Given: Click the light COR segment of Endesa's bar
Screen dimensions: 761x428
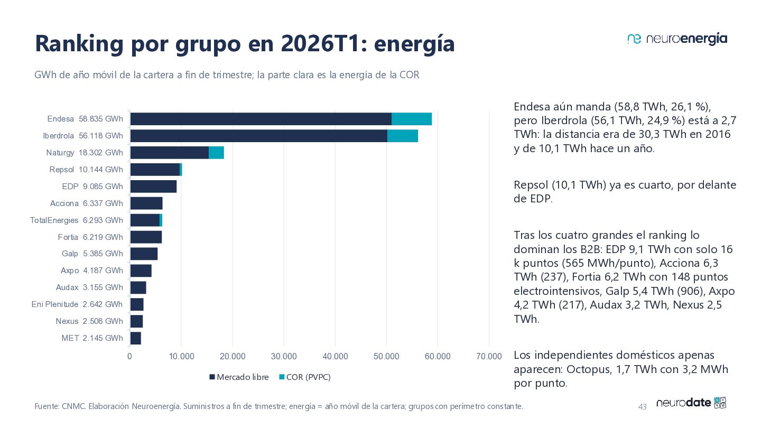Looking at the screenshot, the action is [x=411, y=119].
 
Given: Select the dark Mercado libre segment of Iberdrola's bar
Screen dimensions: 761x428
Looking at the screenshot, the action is [x=259, y=136].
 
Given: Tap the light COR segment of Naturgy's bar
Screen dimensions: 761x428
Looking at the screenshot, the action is [x=216, y=153].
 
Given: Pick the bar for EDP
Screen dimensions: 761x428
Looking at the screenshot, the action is [x=154, y=187].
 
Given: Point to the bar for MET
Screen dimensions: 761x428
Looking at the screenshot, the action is [x=135, y=338].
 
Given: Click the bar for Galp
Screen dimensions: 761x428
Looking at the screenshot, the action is [x=144, y=254].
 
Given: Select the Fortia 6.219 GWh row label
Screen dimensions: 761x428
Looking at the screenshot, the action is [x=90, y=237].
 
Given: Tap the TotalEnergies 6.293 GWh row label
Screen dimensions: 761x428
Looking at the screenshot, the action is [x=77, y=220].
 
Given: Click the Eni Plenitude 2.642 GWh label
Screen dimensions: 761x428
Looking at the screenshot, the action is [x=77, y=304].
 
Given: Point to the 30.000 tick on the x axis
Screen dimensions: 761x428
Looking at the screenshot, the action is [x=284, y=356].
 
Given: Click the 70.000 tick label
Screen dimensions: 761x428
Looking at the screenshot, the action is [x=489, y=356].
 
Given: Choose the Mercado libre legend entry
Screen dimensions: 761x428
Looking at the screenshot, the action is [x=239, y=377].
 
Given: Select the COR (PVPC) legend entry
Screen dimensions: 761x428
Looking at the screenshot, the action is [x=305, y=377].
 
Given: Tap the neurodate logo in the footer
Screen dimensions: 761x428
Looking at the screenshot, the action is [x=691, y=403].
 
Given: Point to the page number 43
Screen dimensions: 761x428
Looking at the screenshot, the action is [x=642, y=407].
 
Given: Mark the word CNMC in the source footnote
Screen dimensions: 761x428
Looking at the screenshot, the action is [x=73, y=406].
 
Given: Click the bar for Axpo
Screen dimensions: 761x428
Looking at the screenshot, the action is [x=141, y=271].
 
